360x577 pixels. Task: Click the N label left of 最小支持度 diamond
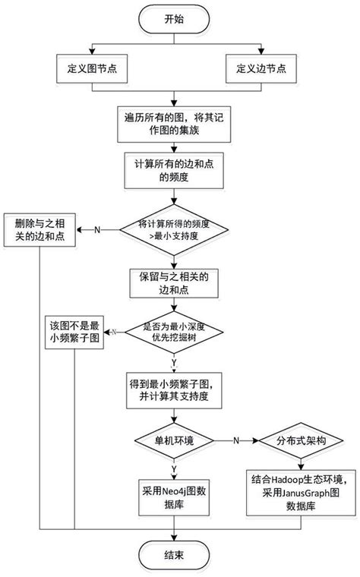(96, 229)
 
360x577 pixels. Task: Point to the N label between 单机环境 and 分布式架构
(236, 440)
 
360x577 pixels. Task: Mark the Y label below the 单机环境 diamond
(175, 466)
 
